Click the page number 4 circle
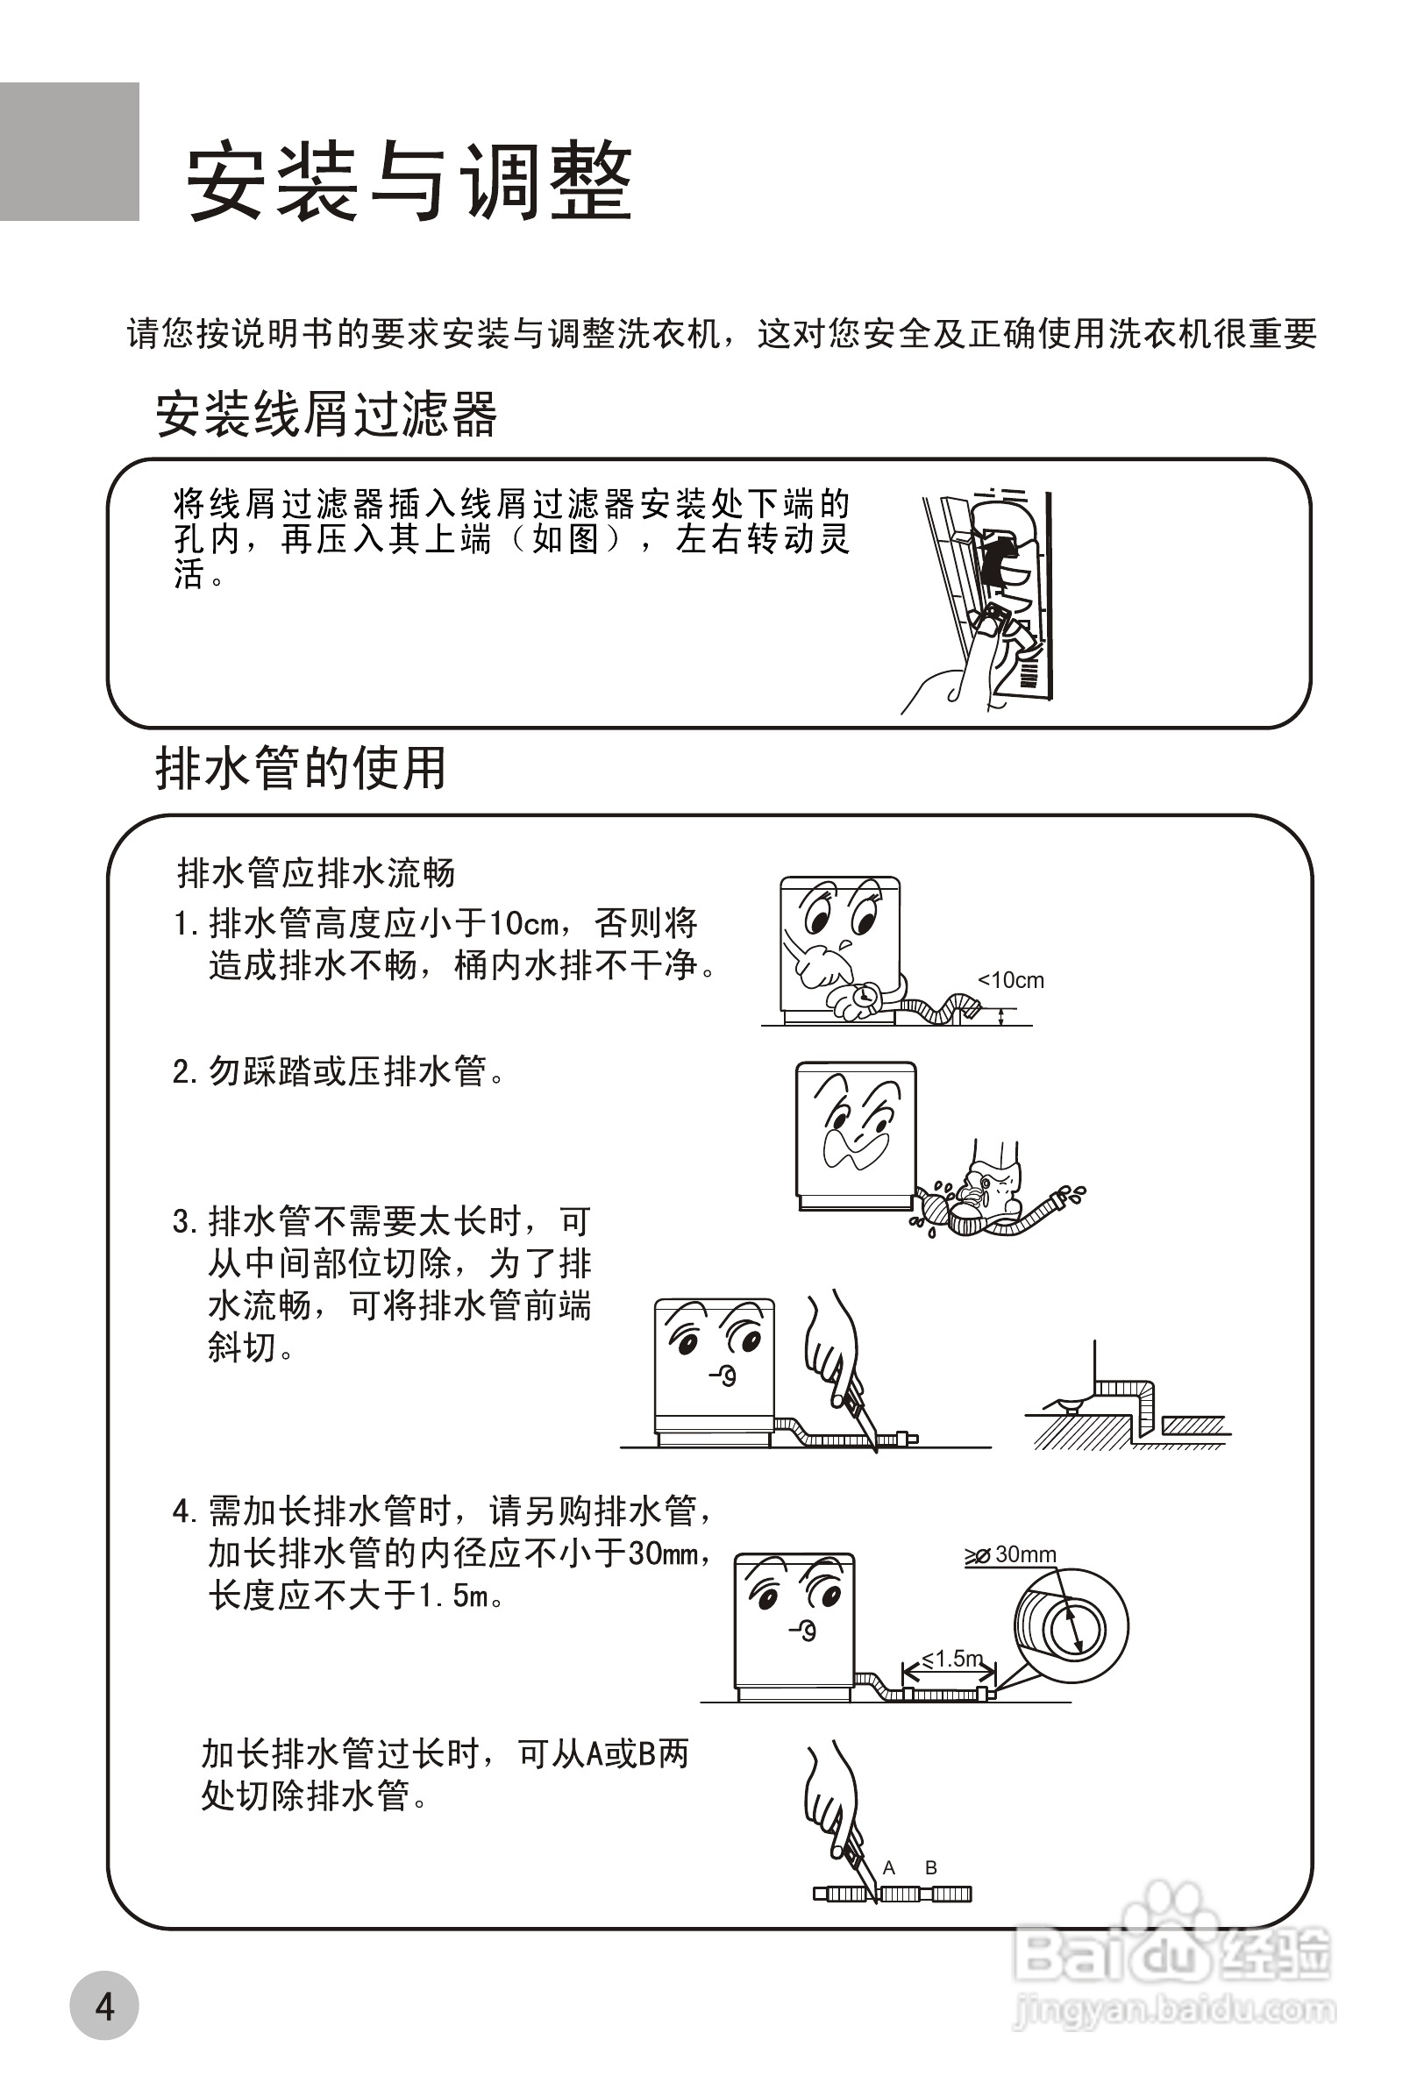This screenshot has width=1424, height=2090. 104,2007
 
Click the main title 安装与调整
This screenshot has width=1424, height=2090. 409,181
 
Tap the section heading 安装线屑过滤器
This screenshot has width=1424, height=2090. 325,415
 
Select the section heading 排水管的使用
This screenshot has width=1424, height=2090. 302,768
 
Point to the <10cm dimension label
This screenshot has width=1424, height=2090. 1011,980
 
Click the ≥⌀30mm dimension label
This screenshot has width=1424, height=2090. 1010,1555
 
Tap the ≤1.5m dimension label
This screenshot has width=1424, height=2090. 951,1659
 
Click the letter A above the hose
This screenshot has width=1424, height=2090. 889,1868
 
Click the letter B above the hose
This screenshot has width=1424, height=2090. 931,1868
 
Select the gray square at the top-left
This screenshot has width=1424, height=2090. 69,151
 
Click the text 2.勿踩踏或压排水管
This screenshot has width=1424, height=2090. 338,1071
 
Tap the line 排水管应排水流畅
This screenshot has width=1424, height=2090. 316,872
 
